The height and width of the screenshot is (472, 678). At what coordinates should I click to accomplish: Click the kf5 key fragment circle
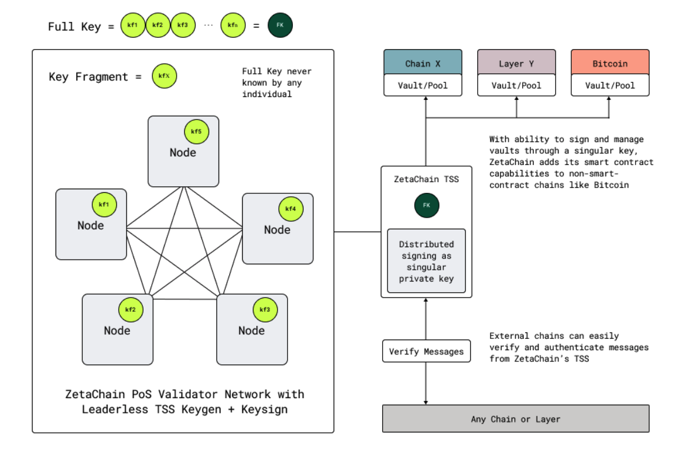point(197,132)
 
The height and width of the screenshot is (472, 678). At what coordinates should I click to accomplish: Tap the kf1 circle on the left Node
point(105,205)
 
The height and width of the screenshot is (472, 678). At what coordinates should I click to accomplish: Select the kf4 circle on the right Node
point(291,209)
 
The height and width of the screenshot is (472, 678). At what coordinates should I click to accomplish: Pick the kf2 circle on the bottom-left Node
point(131,310)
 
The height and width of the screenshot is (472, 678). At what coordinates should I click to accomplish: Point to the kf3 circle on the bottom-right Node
point(265,310)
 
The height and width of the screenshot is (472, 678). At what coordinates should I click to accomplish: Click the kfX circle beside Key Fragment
point(164,77)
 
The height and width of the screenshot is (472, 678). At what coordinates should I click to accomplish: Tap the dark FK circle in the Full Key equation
point(280,26)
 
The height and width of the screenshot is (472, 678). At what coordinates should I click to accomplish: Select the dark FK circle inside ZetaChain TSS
point(426,205)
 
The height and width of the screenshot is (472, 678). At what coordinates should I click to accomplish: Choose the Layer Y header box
point(516,63)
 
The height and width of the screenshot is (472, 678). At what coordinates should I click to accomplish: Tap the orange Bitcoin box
point(610,63)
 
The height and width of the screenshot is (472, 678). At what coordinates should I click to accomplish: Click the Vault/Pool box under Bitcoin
point(610,85)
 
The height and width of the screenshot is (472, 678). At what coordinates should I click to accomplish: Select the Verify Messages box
point(426,351)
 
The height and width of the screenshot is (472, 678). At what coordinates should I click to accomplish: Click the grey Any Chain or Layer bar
point(516,419)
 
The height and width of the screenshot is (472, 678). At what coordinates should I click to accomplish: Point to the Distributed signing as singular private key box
point(426,261)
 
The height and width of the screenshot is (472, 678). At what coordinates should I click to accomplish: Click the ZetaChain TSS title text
point(426,179)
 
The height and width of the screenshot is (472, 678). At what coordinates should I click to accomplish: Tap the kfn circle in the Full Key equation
point(233,26)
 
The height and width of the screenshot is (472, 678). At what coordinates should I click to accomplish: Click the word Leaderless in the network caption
point(110,409)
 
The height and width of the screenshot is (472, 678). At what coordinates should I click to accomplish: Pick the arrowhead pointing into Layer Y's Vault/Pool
point(517,99)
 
